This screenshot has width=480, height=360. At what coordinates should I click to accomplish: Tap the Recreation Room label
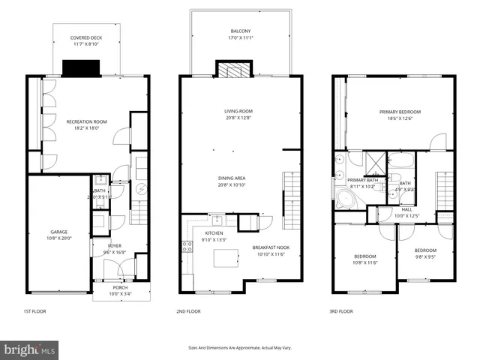[x=87, y=124]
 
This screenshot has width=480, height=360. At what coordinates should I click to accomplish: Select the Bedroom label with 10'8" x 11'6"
[x=364, y=259]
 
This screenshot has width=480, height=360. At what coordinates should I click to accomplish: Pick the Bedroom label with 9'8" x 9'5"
[x=425, y=253]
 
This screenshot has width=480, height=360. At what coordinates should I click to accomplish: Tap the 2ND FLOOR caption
[x=188, y=310]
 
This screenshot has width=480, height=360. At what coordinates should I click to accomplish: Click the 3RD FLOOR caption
[x=342, y=310]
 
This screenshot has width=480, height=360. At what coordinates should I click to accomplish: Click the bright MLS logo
[x=30, y=349]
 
